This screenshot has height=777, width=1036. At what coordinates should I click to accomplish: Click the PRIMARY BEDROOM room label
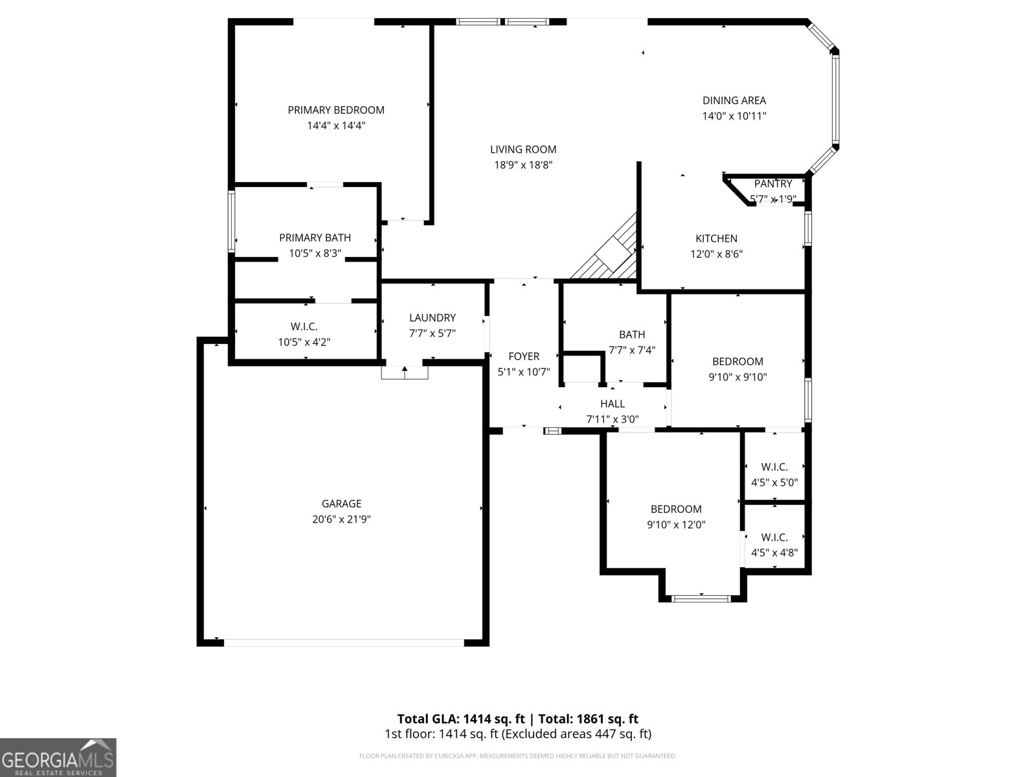click(x=336, y=110)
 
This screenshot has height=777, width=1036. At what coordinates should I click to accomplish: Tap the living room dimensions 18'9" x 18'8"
click(x=523, y=165)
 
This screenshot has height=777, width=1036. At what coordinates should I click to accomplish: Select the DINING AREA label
click(x=734, y=100)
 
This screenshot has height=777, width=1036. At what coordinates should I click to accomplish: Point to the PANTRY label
click(x=772, y=184)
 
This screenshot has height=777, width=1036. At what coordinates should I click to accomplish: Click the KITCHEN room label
click(x=716, y=238)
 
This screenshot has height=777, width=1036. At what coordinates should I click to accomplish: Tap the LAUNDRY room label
click(x=432, y=318)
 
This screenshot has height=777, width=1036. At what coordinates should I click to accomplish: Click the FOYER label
click(x=523, y=356)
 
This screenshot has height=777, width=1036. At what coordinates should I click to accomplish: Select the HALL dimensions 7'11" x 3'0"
click(x=612, y=420)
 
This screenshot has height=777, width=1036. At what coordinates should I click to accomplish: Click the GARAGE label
click(x=341, y=504)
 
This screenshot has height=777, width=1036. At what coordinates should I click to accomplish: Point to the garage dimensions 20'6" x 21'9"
click(x=341, y=519)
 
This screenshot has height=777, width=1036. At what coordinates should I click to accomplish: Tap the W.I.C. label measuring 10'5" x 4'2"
click(x=304, y=327)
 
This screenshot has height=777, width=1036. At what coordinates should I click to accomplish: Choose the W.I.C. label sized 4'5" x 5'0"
click(x=774, y=467)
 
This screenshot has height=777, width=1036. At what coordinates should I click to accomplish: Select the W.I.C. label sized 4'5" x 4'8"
click(x=774, y=537)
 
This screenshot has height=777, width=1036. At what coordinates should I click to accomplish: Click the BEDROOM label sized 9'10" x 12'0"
click(x=676, y=509)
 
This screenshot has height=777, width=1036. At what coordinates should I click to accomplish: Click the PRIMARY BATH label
click(x=315, y=238)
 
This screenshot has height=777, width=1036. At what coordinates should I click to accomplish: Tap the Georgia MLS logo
click(x=58, y=757)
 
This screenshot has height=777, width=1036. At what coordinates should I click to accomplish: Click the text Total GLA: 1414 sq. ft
click(x=460, y=719)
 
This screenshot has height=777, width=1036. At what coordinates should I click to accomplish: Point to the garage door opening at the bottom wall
click(x=343, y=642)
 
